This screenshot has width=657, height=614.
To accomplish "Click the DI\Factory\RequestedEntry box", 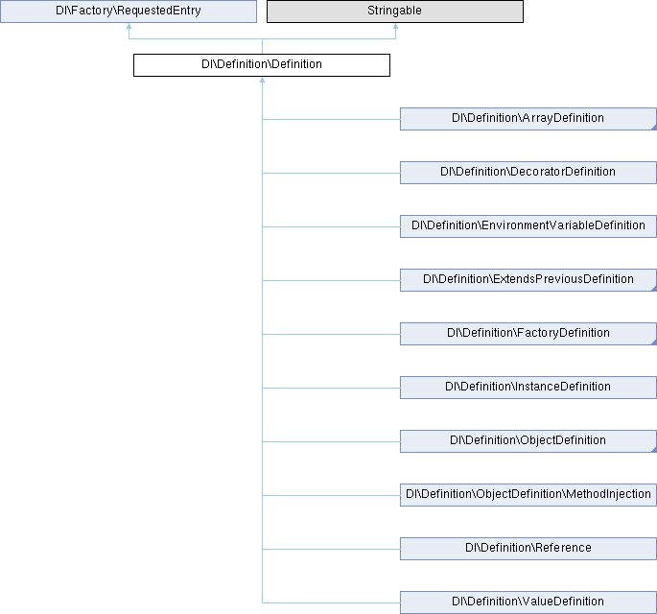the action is click(x=129, y=11).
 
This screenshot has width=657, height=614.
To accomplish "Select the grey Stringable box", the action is click(x=395, y=11).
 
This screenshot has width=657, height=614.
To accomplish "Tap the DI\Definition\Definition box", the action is click(x=262, y=65).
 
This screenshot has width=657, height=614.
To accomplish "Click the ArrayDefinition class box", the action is click(x=528, y=119).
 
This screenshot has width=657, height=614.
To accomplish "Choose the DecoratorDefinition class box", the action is click(x=528, y=173).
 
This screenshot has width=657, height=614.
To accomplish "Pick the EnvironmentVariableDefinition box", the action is click(x=528, y=226).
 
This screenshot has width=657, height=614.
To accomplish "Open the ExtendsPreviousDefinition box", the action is click(x=528, y=280).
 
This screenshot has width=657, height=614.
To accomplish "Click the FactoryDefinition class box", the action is click(x=528, y=334).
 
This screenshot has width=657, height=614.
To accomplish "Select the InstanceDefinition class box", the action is click(x=528, y=388).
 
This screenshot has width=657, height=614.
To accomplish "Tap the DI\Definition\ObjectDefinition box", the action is click(x=528, y=441).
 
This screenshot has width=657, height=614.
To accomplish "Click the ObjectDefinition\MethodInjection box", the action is click(x=528, y=494).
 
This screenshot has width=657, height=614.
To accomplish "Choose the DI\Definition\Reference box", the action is click(x=528, y=549).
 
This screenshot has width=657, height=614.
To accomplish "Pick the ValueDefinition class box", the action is click(x=528, y=602).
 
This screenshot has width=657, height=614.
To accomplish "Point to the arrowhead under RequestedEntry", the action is click(x=129, y=26).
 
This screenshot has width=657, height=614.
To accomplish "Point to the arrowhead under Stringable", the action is click(x=395, y=26).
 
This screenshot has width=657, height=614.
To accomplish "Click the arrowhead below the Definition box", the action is click(x=262, y=80).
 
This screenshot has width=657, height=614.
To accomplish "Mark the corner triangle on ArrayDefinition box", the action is click(x=654, y=128).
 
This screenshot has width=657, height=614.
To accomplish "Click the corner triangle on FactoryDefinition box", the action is click(x=654, y=342).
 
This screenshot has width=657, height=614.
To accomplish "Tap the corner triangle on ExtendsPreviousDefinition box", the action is click(x=654, y=289).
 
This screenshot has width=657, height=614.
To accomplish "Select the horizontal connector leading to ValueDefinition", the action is click(x=331, y=602).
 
